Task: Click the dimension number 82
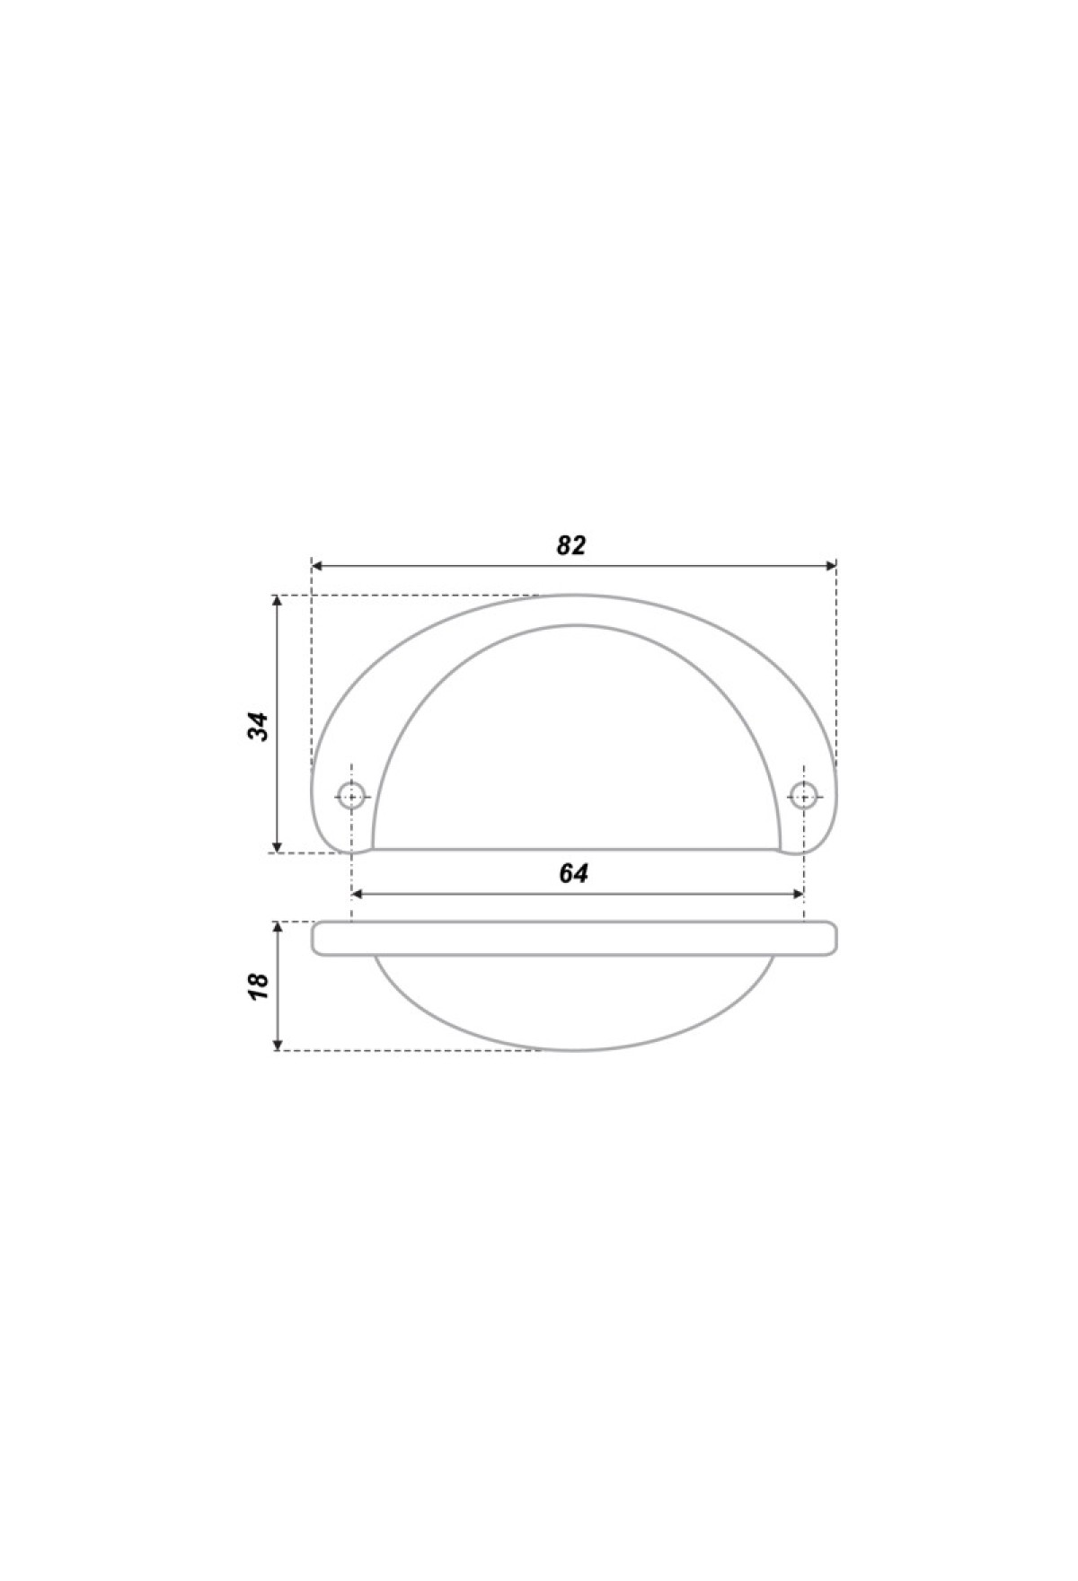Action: [x=570, y=545]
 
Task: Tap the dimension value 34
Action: [x=259, y=726]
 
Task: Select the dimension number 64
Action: [x=574, y=873]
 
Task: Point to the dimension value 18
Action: [x=259, y=986]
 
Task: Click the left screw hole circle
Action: [x=351, y=794]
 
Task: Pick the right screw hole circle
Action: [x=803, y=794]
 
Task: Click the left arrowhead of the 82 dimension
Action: [x=317, y=566]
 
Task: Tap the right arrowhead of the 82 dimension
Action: [x=830, y=566]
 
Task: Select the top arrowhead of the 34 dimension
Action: [x=278, y=602]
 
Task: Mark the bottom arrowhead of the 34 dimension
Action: [x=278, y=845]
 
